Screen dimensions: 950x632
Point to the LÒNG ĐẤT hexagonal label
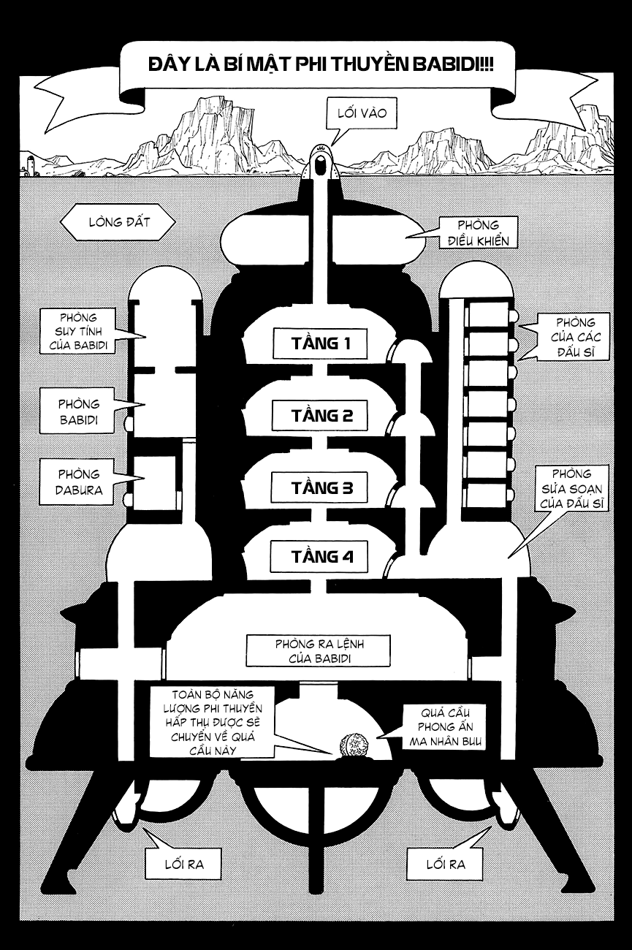pos(118,222)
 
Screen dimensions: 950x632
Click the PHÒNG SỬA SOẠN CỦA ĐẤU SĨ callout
pos(571,490)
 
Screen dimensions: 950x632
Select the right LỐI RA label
pos(444,865)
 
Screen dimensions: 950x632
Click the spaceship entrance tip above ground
pos(320,161)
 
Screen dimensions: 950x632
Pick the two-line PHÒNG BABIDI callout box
pos(78,411)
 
